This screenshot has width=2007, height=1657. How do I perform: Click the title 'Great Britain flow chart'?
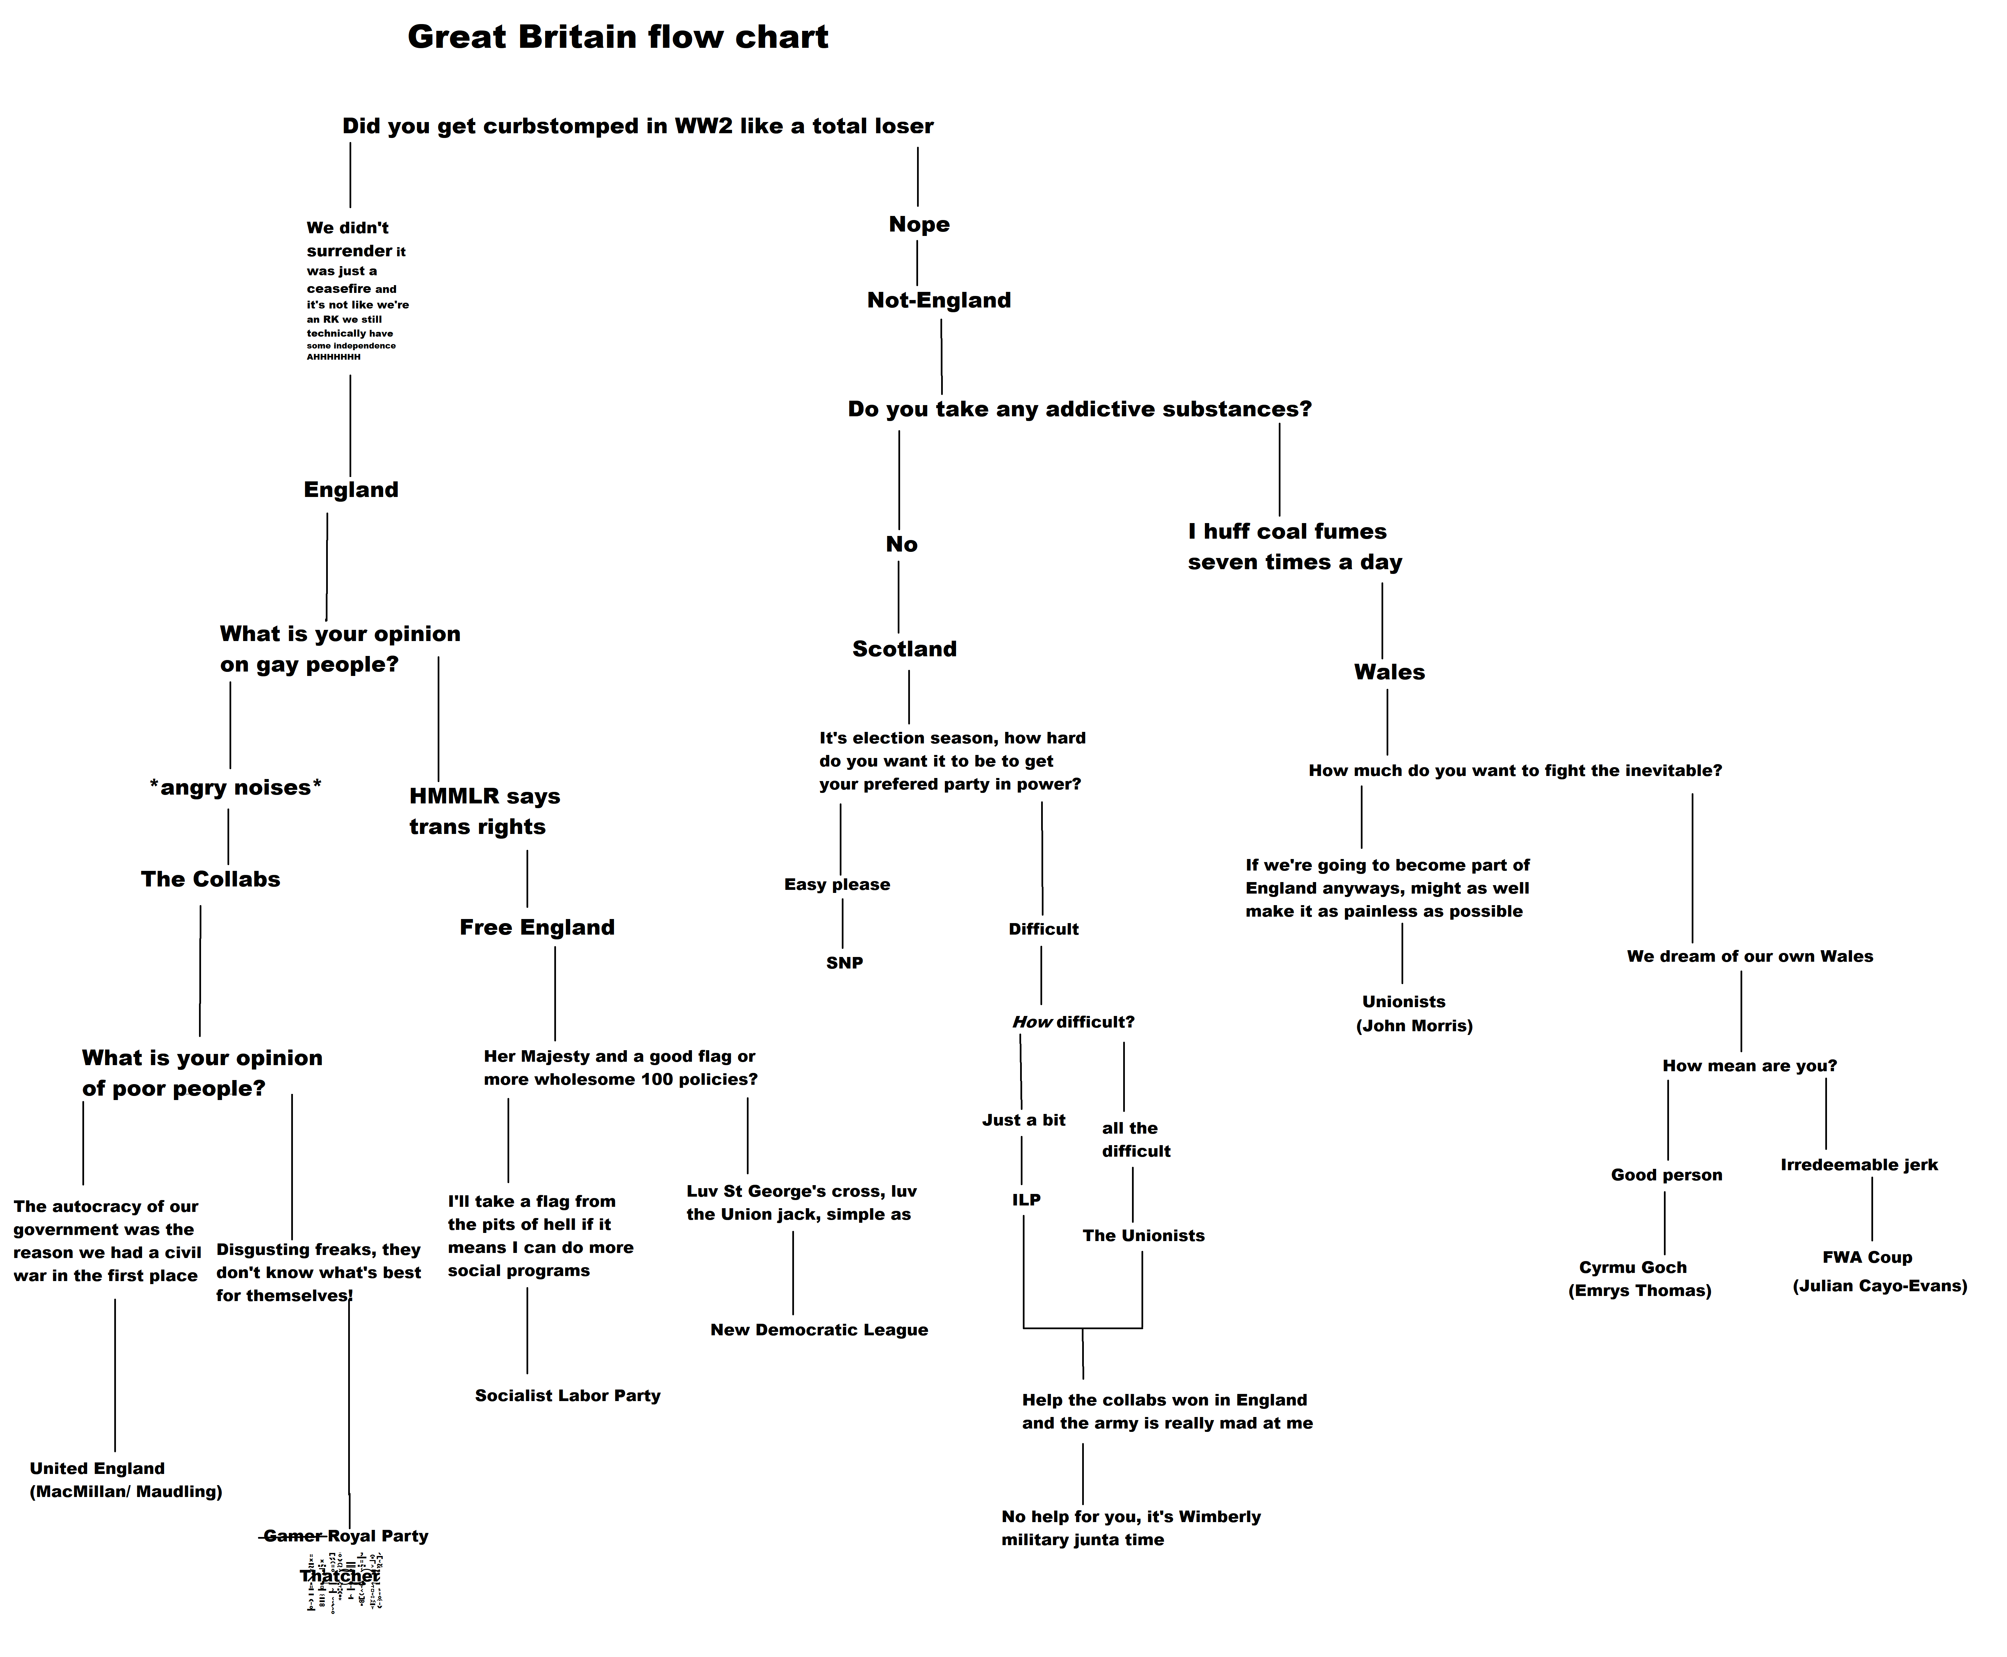coord(617,37)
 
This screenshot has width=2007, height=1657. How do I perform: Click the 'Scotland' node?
coord(904,649)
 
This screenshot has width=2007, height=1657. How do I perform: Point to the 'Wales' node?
coord(1389,672)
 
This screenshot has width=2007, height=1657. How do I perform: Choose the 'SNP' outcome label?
coord(843,963)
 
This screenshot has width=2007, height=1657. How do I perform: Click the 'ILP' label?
coord(1026,1200)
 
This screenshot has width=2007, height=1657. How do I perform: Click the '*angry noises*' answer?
coord(235,787)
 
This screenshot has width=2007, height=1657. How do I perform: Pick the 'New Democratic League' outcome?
coord(819,1330)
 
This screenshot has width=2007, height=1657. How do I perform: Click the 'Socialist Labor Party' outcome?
coord(567,1396)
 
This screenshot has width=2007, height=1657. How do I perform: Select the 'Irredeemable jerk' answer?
coord(1858,1164)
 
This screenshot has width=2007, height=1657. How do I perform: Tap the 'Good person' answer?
coord(1666,1175)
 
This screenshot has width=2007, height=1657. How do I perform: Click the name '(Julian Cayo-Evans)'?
coord(1879,1286)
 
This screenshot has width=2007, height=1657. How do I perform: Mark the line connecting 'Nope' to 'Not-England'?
coord(917,263)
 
